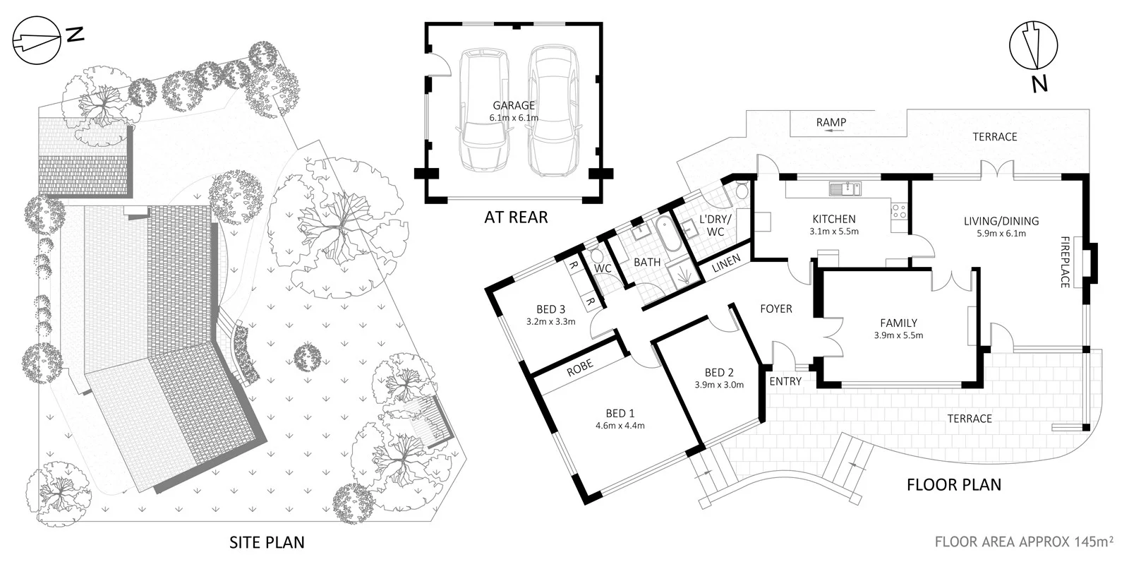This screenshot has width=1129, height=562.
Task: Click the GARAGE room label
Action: pyautogui.click(x=513, y=106)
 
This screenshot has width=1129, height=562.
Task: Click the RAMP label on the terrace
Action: pyautogui.click(x=831, y=122)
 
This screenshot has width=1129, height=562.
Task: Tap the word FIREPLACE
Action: pyautogui.click(x=1065, y=261)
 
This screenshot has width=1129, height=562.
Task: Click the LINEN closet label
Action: pyautogui.click(x=726, y=263)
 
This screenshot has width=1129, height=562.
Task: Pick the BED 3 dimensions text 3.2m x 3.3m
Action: pyautogui.click(x=550, y=321)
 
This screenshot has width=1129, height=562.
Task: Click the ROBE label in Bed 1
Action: pyautogui.click(x=579, y=366)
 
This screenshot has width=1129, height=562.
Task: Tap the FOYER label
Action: pyautogui.click(x=775, y=309)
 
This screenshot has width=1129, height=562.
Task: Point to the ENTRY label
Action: pyautogui.click(x=785, y=381)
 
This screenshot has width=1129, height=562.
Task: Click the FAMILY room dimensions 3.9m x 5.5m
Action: pyautogui.click(x=898, y=335)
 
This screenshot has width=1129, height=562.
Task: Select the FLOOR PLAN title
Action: pyautogui.click(x=953, y=484)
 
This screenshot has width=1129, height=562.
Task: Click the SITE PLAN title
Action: pyautogui.click(x=267, y=542)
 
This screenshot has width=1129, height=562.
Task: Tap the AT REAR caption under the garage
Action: pyautogui.click(x=515, y=217)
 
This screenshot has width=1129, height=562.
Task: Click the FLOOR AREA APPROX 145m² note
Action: pyautogui.click(x=1024, y=542)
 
